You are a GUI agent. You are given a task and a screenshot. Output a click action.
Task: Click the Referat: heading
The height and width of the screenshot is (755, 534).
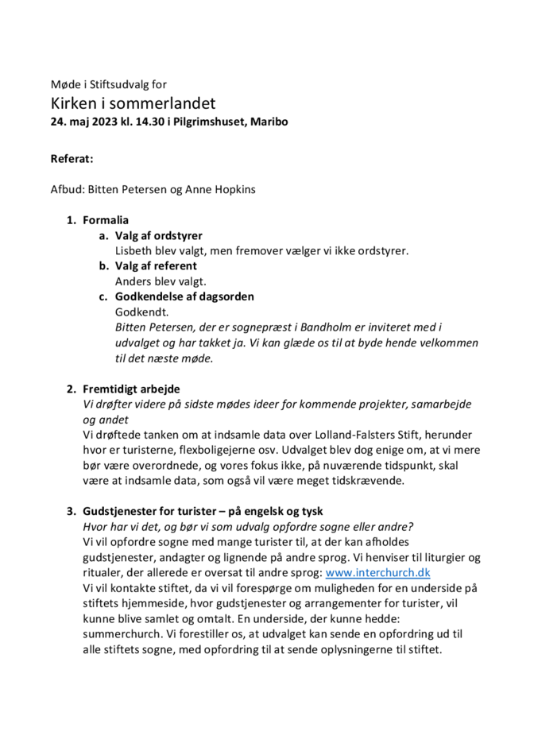pyautogui.click(x=72, y=159)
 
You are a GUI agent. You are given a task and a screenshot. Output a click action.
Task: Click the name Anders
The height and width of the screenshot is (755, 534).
pyautogui.click(x=134, y=281)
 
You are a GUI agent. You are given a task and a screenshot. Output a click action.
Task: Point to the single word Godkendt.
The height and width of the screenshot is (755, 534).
pyautogui.click(x=142, y=312)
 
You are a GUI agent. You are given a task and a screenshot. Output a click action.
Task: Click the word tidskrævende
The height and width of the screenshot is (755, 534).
pyautogui.click(x=368, y=481)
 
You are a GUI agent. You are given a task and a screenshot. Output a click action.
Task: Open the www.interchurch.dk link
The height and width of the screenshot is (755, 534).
pyautogui.click(x=377, y=572)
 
